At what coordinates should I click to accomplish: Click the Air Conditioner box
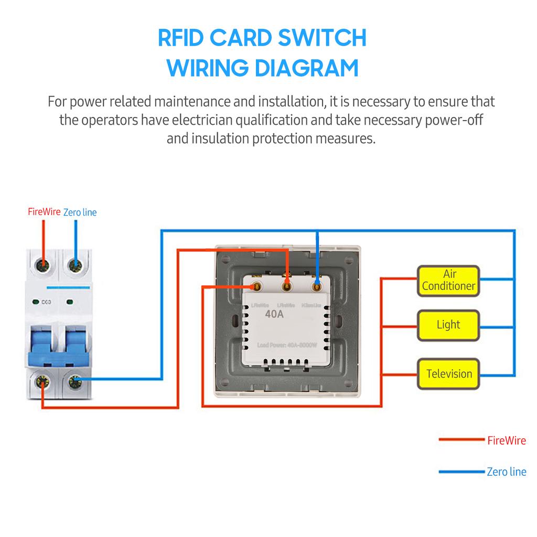point(448,281)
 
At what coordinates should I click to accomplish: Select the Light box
point(448,325)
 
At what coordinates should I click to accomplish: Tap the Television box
point(448,374)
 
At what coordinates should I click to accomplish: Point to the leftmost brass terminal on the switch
point(257,286)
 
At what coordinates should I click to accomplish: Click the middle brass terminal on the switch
point(286,286)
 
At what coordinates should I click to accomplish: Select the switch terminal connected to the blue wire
point(316,286)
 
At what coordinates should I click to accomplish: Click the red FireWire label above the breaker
point(44,212)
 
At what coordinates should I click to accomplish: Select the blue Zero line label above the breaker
point(80,212)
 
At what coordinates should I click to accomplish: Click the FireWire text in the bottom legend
point(506,441)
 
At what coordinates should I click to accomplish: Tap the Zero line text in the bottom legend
point(506,472)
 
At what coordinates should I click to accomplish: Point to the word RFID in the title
point(180,38)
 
